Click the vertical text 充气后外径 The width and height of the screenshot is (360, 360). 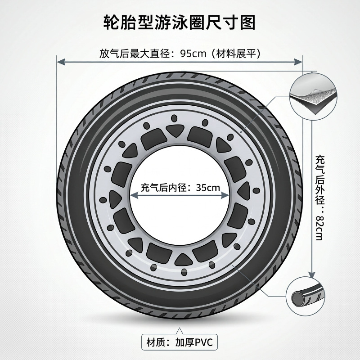[319, 175]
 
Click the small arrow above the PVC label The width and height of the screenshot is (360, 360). [180, 330]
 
